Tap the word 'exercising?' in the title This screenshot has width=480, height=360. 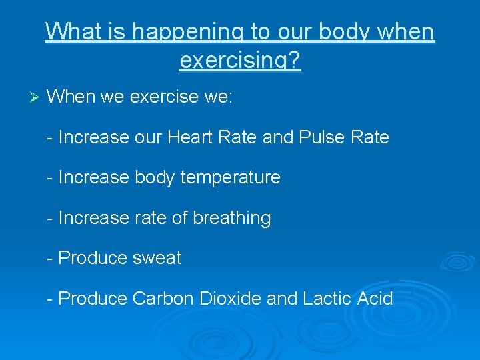point(240,61)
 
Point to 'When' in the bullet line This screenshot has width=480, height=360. point(72,97)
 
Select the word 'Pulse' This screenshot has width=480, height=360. point(321,137)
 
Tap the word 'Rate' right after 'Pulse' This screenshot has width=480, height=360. point(371,137)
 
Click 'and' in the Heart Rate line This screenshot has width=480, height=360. point(277,137)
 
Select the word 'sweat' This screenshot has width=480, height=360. point(157,259)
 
